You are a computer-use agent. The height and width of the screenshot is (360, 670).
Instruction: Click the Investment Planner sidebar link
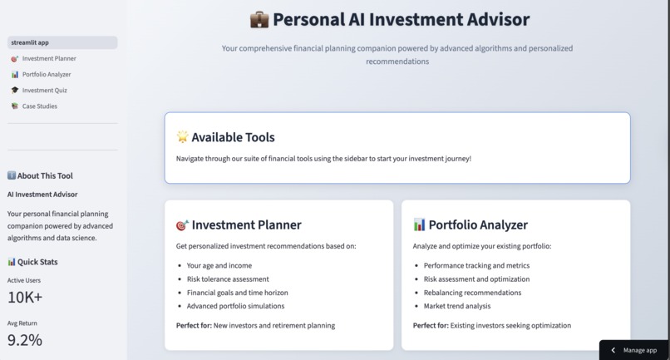click(48, 59)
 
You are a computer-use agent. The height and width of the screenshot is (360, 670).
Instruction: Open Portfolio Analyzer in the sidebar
click(46, 75)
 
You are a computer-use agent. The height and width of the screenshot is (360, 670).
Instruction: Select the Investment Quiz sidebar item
click(44, 91)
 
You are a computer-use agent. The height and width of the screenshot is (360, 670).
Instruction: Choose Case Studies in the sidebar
click(39, 106)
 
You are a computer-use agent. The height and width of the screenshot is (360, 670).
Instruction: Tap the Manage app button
click(634, 350)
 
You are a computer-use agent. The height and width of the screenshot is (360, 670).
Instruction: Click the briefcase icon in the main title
click(259, 19)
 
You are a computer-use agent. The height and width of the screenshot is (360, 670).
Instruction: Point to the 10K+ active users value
click(25, 297)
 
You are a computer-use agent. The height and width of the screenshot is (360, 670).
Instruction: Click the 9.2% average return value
click(25, 339)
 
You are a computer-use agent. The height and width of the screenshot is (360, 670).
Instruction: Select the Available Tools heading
click(233, 137)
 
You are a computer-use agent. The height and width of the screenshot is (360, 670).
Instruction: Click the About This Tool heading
click(45, 175)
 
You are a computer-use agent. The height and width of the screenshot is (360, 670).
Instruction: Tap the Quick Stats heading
click(37, 262)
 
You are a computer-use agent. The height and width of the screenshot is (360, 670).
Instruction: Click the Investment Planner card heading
click(246, 224)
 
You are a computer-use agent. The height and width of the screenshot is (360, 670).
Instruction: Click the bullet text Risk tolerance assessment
click(228, 279)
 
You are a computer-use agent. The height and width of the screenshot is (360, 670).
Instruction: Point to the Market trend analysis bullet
click(457, 306)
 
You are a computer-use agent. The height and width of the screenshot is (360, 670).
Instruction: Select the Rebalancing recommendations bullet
click(472, 293)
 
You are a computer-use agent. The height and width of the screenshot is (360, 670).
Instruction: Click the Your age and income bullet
click(219, 266)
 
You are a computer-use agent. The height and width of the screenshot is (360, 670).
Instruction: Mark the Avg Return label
click(22, 323)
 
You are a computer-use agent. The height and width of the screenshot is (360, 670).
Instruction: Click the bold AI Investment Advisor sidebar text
click(42, 195)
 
